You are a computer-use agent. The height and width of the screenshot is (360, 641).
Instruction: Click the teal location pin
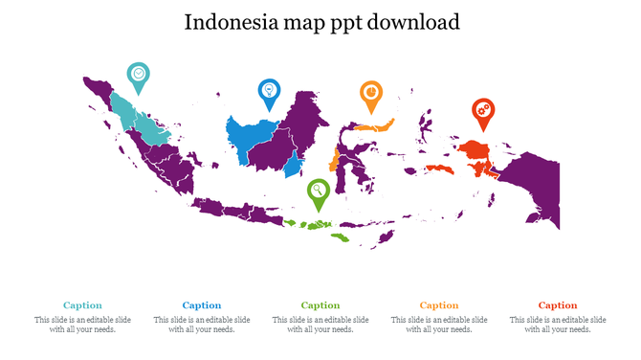[139, 76]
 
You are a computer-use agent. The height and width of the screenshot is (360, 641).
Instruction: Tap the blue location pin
[270, 92]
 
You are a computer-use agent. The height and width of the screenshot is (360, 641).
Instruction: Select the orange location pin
[369, 93]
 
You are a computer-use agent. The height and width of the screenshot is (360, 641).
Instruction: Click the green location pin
[318, 191]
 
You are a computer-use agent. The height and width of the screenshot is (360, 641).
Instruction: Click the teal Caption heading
[83, 305]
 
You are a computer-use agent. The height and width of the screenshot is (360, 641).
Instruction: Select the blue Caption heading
[202, 305]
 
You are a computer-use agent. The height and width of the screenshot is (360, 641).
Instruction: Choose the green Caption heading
[320, 305]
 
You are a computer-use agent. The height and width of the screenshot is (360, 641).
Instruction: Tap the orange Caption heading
[439, 305]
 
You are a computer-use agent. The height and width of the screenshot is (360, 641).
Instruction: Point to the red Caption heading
[558, 305]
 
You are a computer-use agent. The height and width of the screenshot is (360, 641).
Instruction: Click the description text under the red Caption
[558, 325]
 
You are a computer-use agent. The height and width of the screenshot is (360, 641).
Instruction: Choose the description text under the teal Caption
[83, 325]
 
